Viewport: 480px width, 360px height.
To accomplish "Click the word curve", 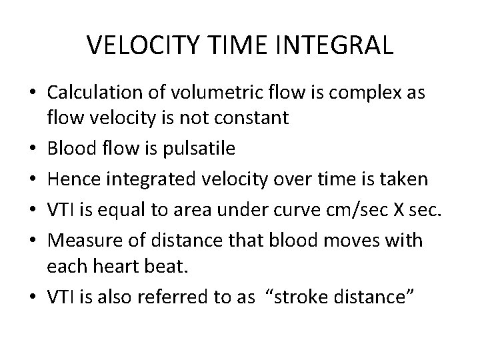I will click(291, 190).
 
